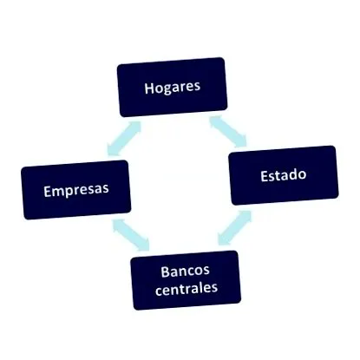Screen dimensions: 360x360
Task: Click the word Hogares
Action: [x=173, y=87]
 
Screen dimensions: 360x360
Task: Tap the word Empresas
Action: [x=76, y=190]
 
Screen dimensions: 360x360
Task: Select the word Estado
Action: [x=284, y=175]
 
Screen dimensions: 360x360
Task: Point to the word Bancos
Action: [x=185, y=272]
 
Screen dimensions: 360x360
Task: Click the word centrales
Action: [x=187, y=288]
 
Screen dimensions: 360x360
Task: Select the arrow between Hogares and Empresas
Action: [x=124, y=139]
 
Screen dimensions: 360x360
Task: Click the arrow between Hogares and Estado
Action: [x=228, y=132]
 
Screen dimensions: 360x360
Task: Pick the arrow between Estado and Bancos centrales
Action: [x=234, y=227]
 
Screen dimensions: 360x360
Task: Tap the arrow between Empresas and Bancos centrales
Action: [x=131, y=234]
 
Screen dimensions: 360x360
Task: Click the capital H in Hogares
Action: [x=149, y=88]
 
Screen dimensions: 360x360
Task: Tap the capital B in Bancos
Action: [x=166, y=272]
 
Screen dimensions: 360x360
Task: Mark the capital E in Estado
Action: [x=265, y=176]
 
